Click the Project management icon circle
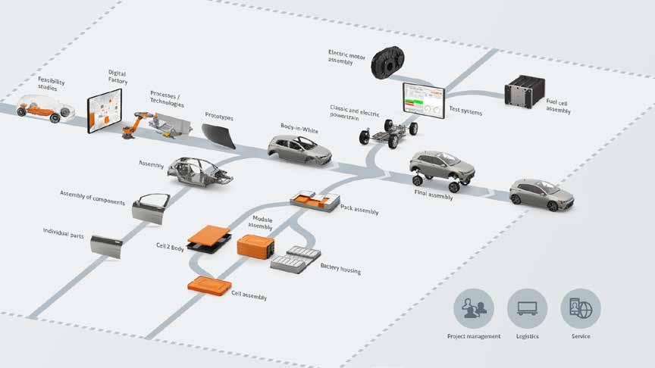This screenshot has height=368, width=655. (x=473, y=308)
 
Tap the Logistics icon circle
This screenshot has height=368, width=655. (x=527, y=308)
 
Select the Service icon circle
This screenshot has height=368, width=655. (x=581, y=308)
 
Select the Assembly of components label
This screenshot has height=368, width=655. (x=92, y=198)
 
